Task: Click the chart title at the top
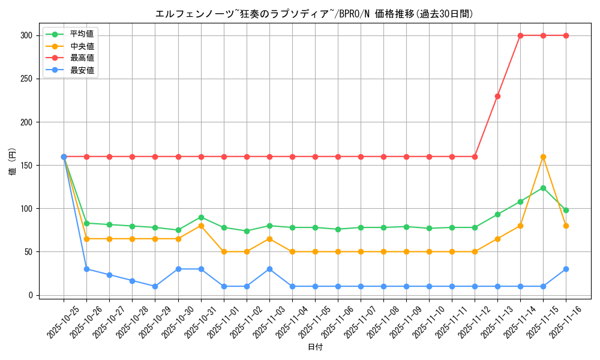(314, 14)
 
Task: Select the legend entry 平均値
(82, 34)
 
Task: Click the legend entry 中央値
(82, 46)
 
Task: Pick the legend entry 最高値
(82, 58)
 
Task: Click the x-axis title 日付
(315, 347)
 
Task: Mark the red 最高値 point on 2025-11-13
(497, 96)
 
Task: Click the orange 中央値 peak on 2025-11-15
(543, 157)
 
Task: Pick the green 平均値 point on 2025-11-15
(543, 188)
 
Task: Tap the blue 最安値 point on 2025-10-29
(155, 286)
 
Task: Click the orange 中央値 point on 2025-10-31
(201, 226)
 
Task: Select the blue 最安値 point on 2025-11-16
(566, 269)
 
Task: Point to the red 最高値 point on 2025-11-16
(566, 35)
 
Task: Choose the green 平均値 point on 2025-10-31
(201, 217)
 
